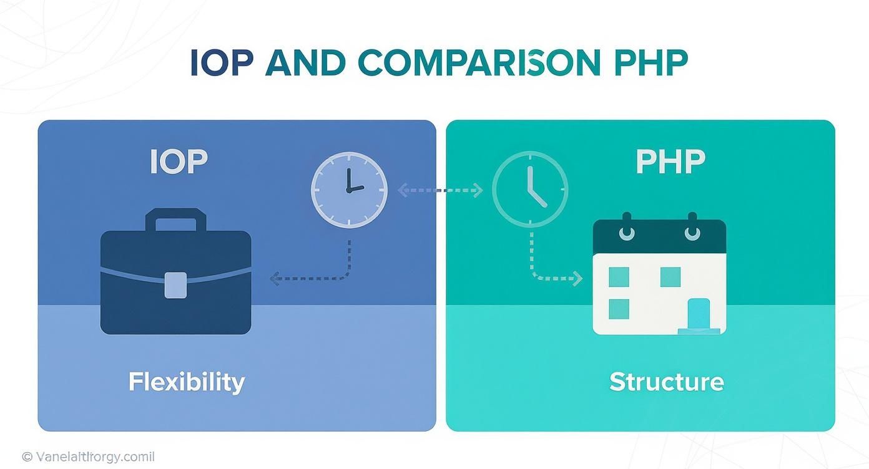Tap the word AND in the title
coord(306,62)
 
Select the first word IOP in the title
coord(223,62)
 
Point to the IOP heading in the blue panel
coord(179,162)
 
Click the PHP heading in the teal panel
coord(670,162)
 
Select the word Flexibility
coord(186,382)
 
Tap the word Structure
coord(666,382)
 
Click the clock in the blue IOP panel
coord(349,190)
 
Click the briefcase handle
coord(175,220)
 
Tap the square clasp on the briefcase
coord(175,284)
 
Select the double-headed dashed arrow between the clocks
coord(440,190)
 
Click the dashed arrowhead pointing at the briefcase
coord(275,278)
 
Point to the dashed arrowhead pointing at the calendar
coord(577,278)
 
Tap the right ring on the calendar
coord(692,232)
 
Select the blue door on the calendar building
coord(699,313)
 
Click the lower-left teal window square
coord(618,309)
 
